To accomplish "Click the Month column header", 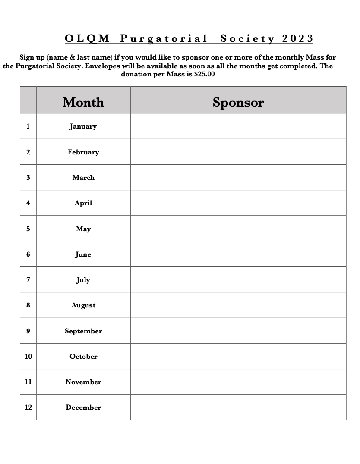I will pyautogui.click(x=83, y=102).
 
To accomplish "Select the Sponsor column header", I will pyautogui.click(x=238, y=102).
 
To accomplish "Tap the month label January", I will pyautogui.click(x=83, y=126).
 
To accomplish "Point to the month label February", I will pyautogui.click(x=83, y=152).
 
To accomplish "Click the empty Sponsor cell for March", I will pyautogui.click(x=238, y=177).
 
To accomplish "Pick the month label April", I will pyautogui.click(x=83, y=203).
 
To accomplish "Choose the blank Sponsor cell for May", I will pyautogui.click(x=238, y=229).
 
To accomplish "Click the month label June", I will pyautogui.click(x=83, y=254).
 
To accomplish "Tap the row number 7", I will pyautogui.click(x=28, y=280).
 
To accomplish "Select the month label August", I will pyautogui.click(x=83, y=305).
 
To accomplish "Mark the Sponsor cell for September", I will pyautogui.click(x=238, y=331).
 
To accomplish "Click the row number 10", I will pyautogui.click(x=28, y=357).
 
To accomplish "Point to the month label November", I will pyautogui.click(x=83, y=382).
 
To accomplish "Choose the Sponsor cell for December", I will pyautogui.click(x=238, y=408).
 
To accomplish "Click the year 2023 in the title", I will pyautogui.click(x=297, y=39).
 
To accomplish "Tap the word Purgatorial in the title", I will pyautogui.click(x=164, y=39).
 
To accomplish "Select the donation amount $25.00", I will pyautogui.click(x=205, y=74).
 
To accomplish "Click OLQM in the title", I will pyautogui.click(x=87, y=39).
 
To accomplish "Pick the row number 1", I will pyautogui.click(x=28, y=126).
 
